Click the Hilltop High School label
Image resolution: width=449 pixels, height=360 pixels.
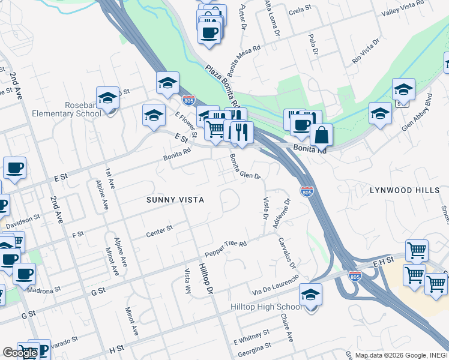(267, 307)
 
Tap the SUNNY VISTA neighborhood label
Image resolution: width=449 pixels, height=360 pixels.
(176, 200)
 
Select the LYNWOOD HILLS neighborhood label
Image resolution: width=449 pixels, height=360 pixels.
(400, 190)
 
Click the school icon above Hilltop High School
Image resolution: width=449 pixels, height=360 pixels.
(310, 295)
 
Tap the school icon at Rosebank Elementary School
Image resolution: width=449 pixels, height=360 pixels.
(108, 98)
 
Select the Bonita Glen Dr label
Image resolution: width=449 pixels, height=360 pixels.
(244, 167)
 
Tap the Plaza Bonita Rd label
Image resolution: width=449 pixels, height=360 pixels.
(222, 84)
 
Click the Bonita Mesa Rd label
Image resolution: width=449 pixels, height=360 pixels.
(244, 58)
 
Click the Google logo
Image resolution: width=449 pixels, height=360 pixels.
(20, 352)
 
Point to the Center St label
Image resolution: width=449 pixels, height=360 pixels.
(159, 231)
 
